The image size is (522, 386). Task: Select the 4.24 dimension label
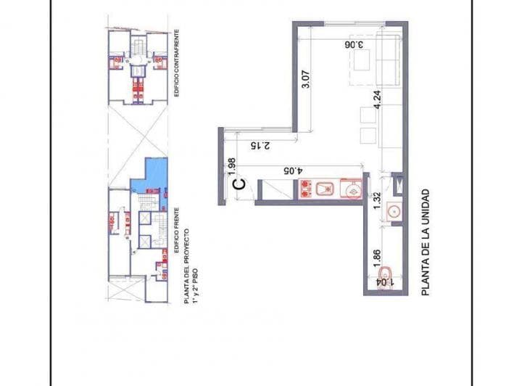pyautogui.click(x=377, y=98)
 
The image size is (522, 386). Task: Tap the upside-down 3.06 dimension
pyautogui.click(x=353, y=44)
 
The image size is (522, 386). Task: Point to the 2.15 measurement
pyautogui.click(x=259, y=146)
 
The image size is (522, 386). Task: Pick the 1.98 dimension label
pyautogui.click(x=231, y=167)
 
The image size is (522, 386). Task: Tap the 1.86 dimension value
pyautogui.click(x=376, y=258)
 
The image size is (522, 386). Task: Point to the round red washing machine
pyautogui.click(x=351, y=190)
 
